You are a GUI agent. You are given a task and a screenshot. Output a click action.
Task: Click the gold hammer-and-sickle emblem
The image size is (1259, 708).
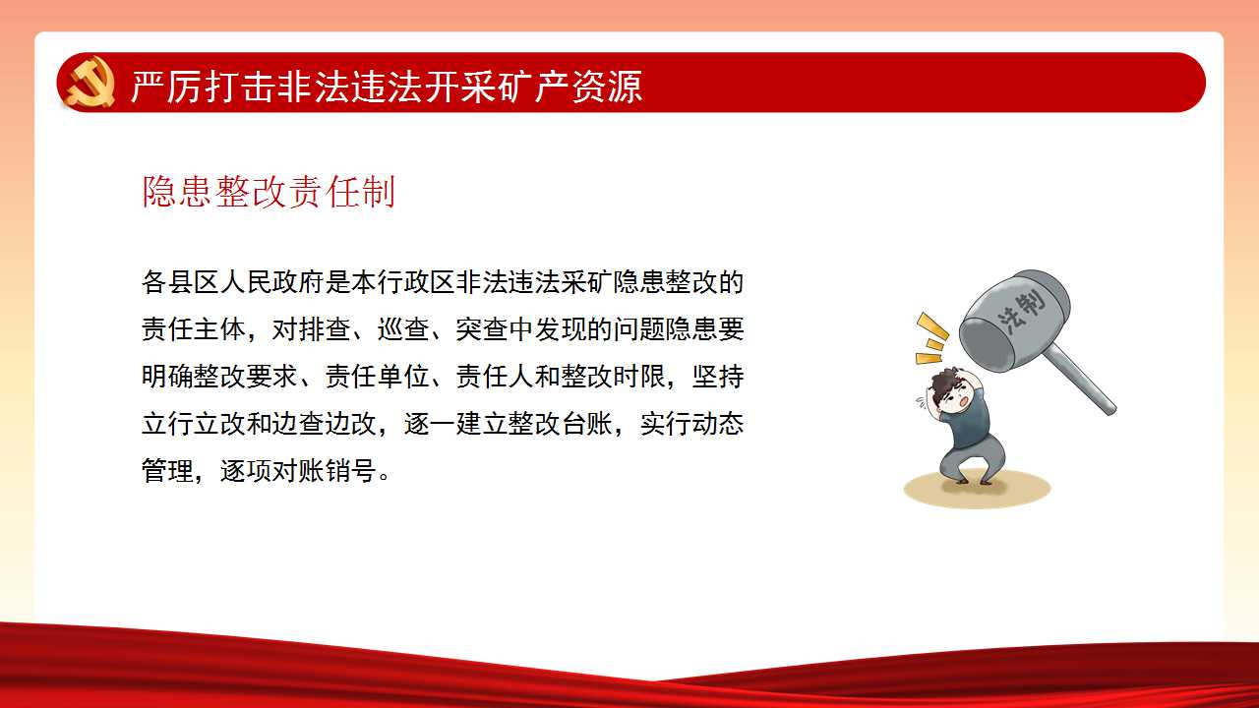pyautogui.click(x=90, y=83)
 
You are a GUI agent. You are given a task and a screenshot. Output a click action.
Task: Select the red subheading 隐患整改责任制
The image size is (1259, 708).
pyautogui.click(x=270, y=192)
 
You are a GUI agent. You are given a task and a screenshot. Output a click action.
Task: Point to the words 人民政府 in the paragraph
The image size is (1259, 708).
pyautogui.click(x=272, y=282)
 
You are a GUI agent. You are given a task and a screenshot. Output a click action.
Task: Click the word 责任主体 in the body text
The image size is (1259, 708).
pyautogui.click(x=194, y=329)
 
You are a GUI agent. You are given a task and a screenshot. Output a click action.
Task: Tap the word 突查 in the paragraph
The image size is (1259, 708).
pyautogui.click(x=482, y=329)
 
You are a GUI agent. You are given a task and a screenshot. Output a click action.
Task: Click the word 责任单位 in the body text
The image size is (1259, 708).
pyautogui.click(x=377, y=377)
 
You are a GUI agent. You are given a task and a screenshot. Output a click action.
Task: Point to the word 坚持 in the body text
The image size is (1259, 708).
pyautogui.click(x=718, y=377)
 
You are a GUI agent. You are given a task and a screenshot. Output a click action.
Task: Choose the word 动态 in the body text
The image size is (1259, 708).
pyautogui.click(x=718, y=424)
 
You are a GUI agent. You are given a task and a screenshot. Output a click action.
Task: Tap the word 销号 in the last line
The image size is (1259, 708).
pyautogui.click(x=351, y=471)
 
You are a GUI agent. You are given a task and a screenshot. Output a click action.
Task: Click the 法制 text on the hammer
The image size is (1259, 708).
pyautogui.click(x=1023, y=313)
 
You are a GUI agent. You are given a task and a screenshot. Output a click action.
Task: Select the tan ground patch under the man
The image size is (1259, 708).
pyautogui.click(x=977, y=489)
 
